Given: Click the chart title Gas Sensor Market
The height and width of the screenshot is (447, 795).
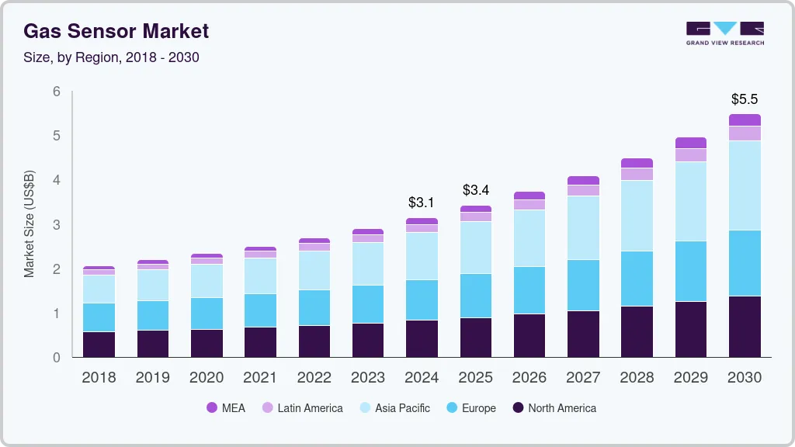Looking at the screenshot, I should click(116, 31).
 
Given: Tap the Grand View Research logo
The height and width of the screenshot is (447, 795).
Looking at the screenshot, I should click(724, 33).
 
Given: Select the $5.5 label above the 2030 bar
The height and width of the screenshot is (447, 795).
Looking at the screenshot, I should click(745, 99).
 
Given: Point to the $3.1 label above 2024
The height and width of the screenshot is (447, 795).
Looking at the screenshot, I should click(422, 203).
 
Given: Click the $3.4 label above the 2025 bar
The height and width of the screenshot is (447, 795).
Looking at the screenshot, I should click(476, 190).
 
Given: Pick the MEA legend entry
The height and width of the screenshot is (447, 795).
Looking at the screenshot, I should click(226, 407).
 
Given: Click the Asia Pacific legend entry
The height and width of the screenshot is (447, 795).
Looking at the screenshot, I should click(394, 407).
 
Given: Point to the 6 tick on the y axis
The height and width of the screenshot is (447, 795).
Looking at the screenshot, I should click(56, 92).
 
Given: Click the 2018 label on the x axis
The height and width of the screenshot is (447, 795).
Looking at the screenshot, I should click(99, 378).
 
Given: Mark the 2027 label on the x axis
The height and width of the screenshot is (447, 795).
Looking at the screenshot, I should click(583, 378).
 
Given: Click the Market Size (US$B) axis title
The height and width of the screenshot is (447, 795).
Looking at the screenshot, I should click(30, 224).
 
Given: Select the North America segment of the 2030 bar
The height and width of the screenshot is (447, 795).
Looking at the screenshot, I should click(745, 327).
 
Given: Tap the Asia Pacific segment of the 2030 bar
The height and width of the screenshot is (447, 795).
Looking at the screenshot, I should click(745, 185).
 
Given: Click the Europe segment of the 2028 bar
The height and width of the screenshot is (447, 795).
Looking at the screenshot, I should click(637, 279).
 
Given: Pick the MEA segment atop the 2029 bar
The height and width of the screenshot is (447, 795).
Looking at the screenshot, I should click(691, 143).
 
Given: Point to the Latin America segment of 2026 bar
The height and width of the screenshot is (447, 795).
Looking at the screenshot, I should click(529, 205).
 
